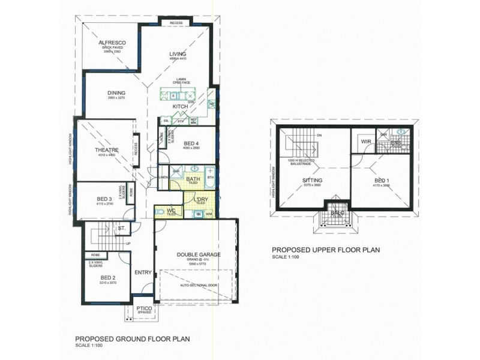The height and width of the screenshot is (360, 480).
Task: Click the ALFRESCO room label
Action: pos(111,43)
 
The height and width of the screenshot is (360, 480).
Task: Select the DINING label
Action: pos(116,93)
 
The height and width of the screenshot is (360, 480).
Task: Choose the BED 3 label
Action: pos(104,199)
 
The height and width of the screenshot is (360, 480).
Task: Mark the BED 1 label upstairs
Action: pos(382,180)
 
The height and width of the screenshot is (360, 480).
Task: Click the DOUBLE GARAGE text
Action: pos(199,254)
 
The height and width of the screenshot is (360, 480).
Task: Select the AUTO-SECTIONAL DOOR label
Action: pos(197,286)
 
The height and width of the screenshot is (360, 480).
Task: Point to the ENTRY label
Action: pos(143,272)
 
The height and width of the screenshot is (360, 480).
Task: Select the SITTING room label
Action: pos(313,180)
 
